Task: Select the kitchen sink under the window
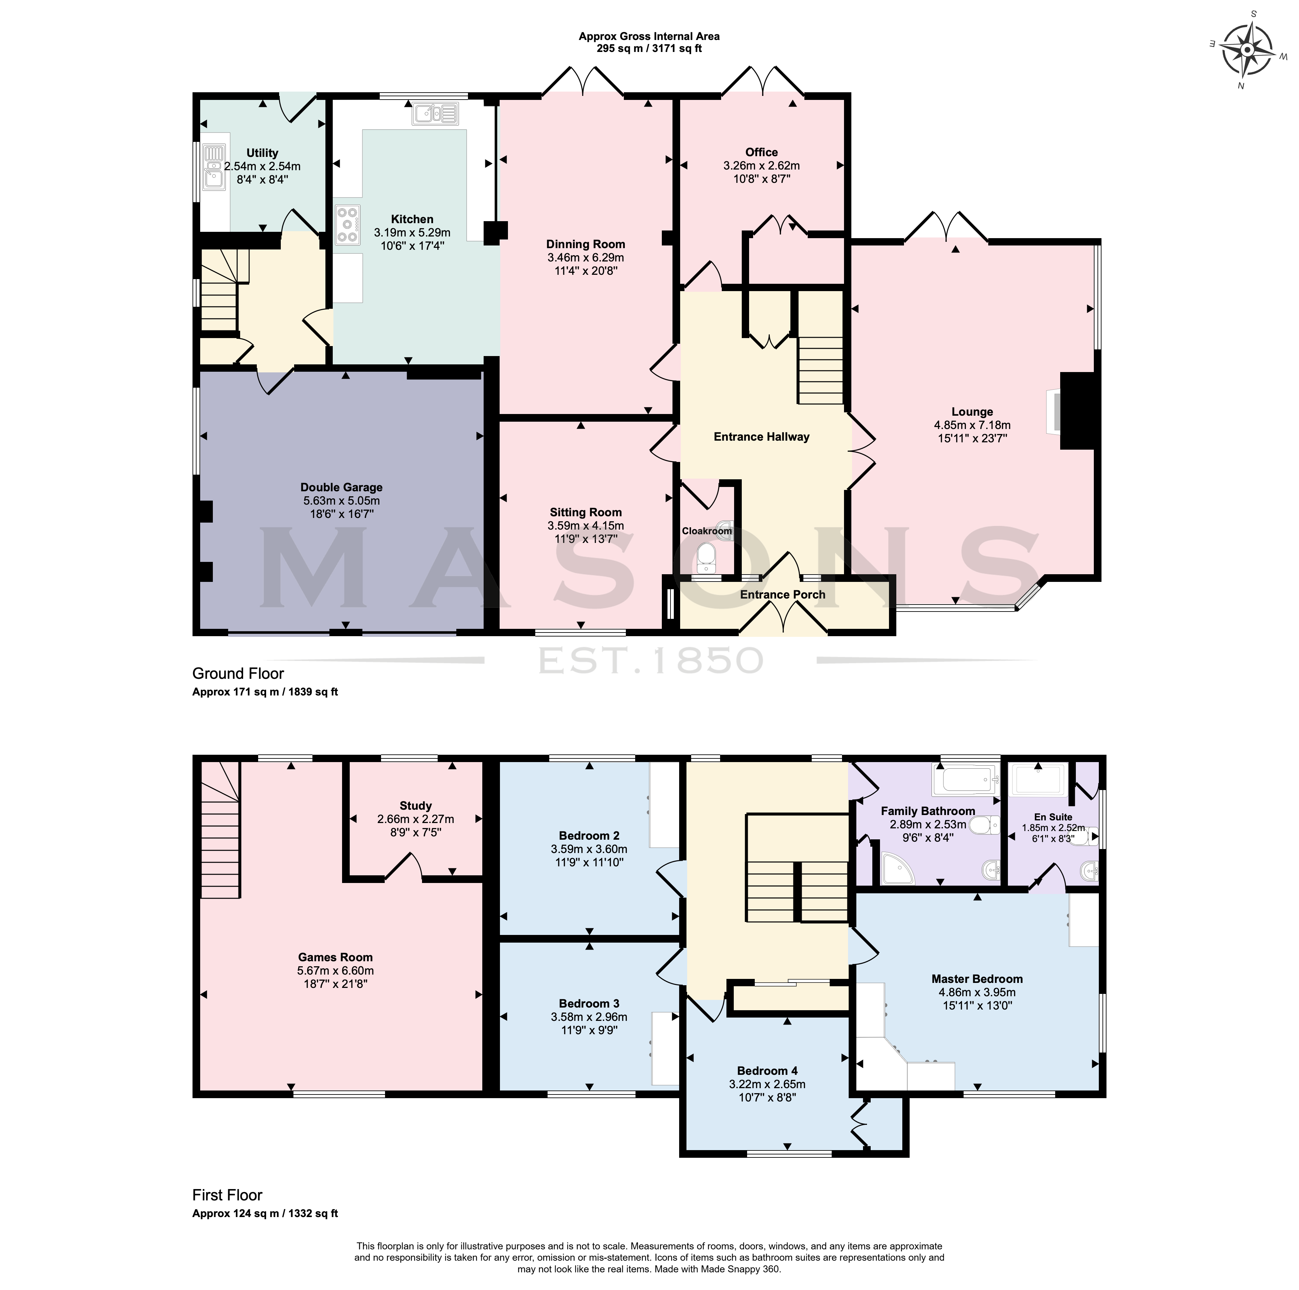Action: click(x=436, y=114)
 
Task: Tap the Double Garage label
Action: click(x=341, y=487)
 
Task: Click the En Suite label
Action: click(x=1053, y=817)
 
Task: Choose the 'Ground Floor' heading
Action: click(x=238, y=673)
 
